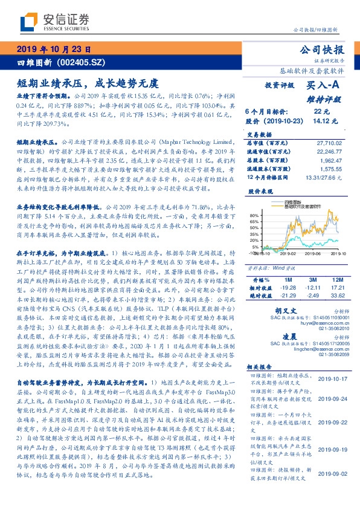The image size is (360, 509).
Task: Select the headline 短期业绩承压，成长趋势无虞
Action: click(x=88, y=82)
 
